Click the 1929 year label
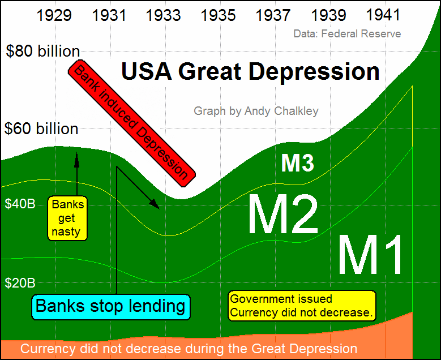tap(54, 15)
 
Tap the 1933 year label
tap(164, 15)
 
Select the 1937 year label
tap(273, 15)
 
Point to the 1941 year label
tap(383, 15)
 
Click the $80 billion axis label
tap(43, 52)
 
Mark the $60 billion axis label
tap(41, 128)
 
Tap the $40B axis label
tap(20, 204)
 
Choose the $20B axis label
tap(20, 282)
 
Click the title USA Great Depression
tap(251, 72)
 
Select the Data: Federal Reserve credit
tap(347, 34)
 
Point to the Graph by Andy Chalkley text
tap(256, 111)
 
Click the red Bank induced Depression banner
tap(131, 121)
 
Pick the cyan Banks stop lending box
tap(110, 306)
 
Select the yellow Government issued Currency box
tap(302, 306)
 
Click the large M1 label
tap(372, 255)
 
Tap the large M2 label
tap(283, 215)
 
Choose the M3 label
tap(297, 163)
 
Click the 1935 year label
tap(219, 15)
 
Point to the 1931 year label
tap(109, 15)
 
